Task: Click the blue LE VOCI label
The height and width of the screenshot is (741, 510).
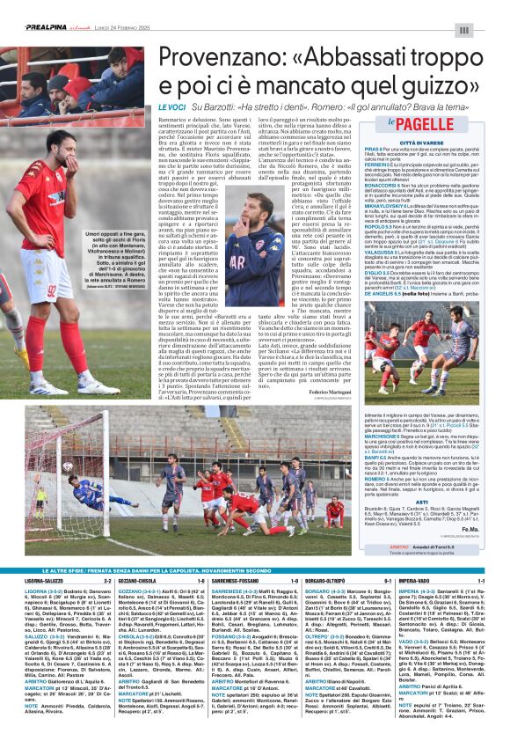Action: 171,106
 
